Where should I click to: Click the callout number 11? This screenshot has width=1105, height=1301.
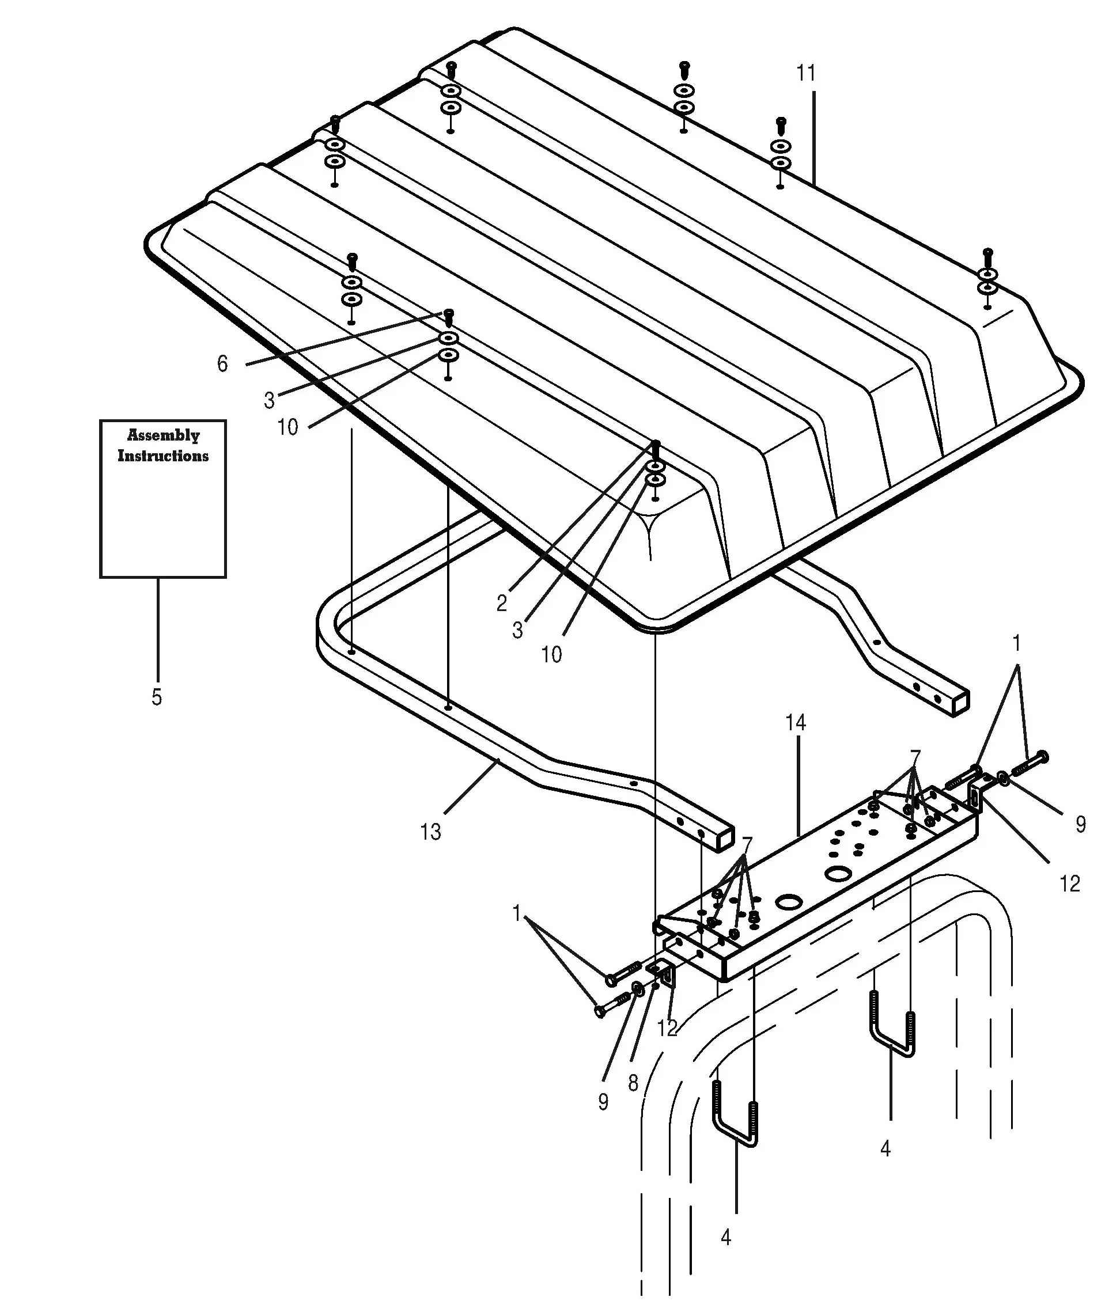[x=806, y=73]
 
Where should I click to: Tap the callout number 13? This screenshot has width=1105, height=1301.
[x=430, y=832]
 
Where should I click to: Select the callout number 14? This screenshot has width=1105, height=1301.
[x=796, y=723]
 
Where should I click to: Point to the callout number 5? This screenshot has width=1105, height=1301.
[x=157, y=697]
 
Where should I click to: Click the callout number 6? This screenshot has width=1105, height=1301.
[x=222, y=363]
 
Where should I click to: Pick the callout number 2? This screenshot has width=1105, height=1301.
[x=502, y=603]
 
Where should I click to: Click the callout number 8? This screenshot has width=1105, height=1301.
[x=633, y=1083]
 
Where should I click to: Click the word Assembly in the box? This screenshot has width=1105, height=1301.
[x=164, y=435]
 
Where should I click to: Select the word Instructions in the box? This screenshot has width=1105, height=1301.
[x=163, y=455]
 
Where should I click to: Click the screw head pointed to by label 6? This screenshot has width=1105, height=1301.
[x=449, y=313]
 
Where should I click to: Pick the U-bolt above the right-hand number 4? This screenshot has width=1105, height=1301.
[x=891, y=1023]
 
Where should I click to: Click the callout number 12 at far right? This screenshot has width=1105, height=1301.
[x=1070, y=883]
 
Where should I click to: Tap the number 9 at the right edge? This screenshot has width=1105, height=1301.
[x=1081, y=825]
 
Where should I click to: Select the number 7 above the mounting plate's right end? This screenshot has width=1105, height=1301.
[x=915, y=756]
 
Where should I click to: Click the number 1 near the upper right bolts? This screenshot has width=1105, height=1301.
[x=1017, y=643]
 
